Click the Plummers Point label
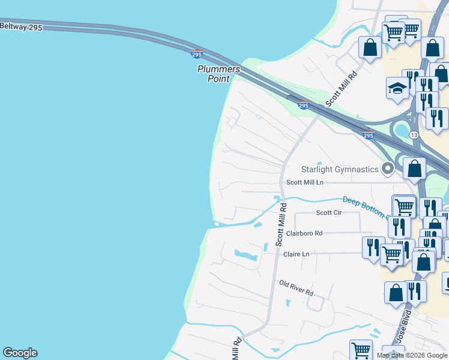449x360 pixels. click(218, 73)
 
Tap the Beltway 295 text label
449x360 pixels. click(21, 27)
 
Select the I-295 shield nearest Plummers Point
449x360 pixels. click(197, 54)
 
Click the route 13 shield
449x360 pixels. click(414, 135)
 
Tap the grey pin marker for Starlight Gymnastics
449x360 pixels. click(387, 169)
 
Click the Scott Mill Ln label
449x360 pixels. click(304, 182)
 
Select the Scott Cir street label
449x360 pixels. click(328, 212)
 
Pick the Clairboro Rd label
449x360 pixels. click(304, 233)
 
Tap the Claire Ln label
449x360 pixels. click(296, 254)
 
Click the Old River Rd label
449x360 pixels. click(297, 287)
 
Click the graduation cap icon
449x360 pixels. click(397, 88)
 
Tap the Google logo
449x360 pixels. click(20, 353)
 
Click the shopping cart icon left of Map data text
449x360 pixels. click(361, 350)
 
